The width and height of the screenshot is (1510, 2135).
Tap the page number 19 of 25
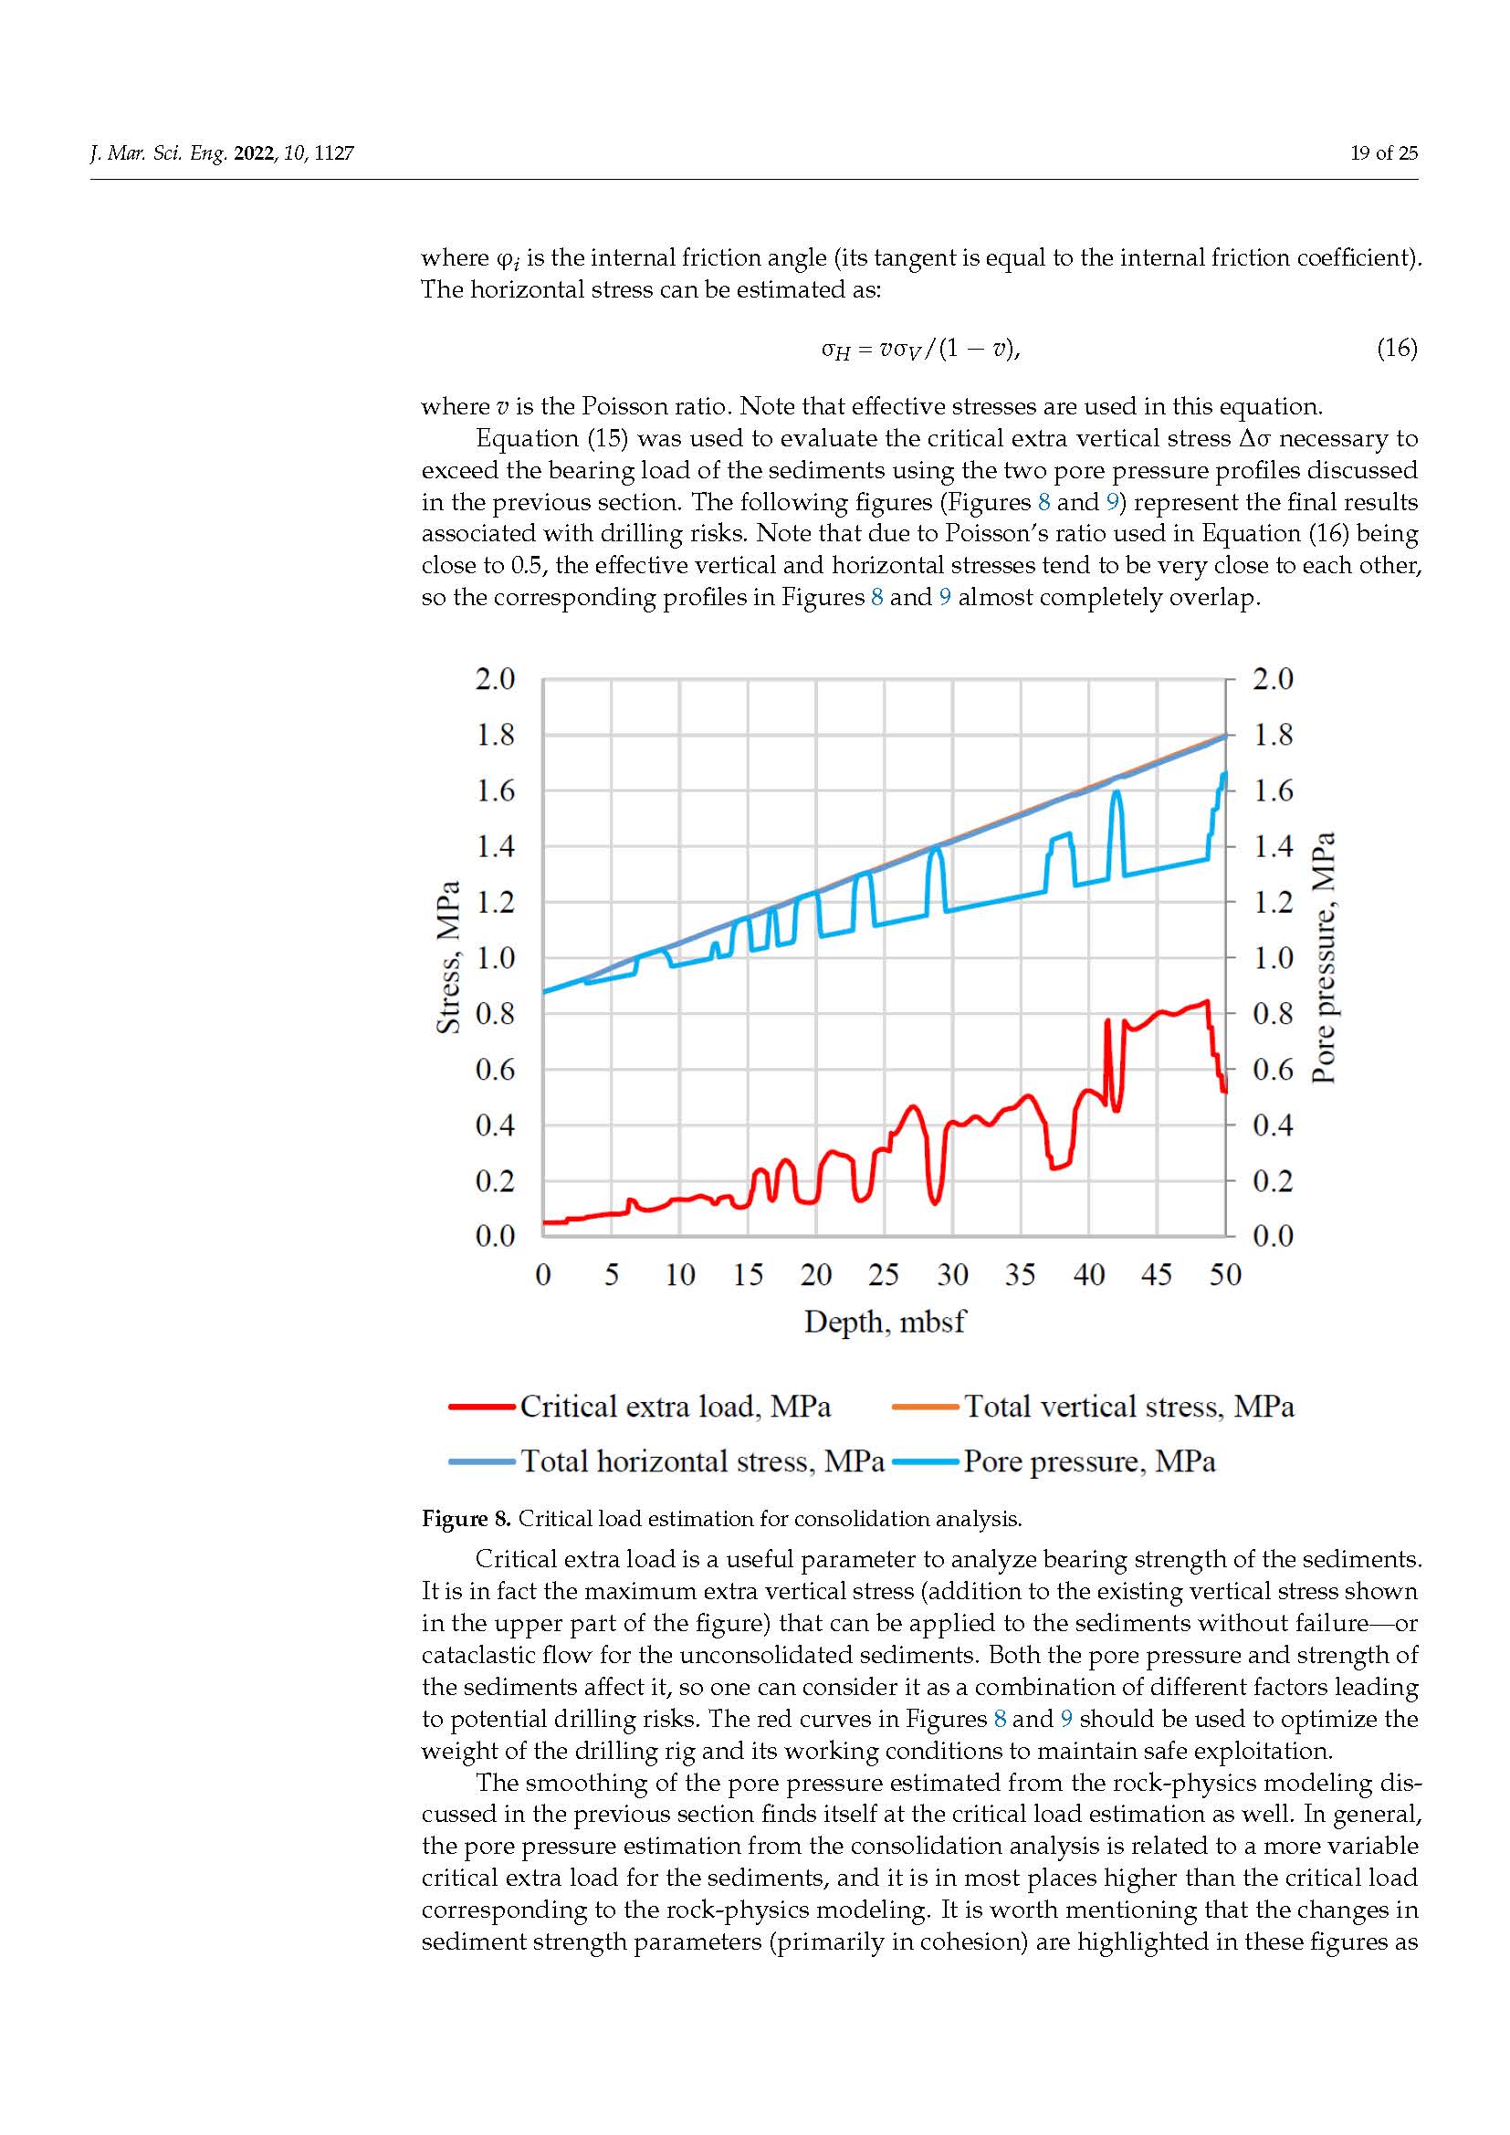pyautogui.click(x=1383, y=153)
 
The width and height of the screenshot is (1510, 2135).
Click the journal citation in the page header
pyautogui.click(x=222, y=153)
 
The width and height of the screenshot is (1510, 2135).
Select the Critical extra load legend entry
pyautogui.click(x=641, y=1407)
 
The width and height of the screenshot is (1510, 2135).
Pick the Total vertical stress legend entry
pyautogui.click(x=1094, y=1407)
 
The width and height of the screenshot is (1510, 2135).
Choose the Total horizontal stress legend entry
pyautogui.click(x=666, y=1461)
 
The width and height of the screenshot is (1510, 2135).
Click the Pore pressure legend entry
pyautogui.click(x=1054, y=1461)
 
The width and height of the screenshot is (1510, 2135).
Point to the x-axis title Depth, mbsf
pyautogui.click(x=885, y=1322)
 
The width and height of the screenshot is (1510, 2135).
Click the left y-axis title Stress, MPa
pyautogui.click(x=449, y=957)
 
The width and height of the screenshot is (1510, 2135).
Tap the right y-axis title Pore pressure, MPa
pyautogui.click(x=1323, y=957)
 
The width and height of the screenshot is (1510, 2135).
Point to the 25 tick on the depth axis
pyautogui.click(x=885, y=1274)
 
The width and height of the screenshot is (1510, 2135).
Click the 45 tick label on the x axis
pyautogui.click(x=1157, y=1274)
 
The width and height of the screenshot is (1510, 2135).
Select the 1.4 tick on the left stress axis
pyautogui.click(x=495, y=846)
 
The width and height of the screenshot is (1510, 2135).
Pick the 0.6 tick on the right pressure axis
pyautogui.click(x=1273, y=1070)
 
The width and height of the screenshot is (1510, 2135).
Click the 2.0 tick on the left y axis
pyautogui.click(x=495, y=679)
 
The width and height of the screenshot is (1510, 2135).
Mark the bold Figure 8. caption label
pyautogui.click(x=466, y=1520)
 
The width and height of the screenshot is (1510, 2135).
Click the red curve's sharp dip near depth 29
pyautogui.click(x=936, y=1202)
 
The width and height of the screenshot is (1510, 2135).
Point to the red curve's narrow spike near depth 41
pyautogui.click(x=1107, y=1022)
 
